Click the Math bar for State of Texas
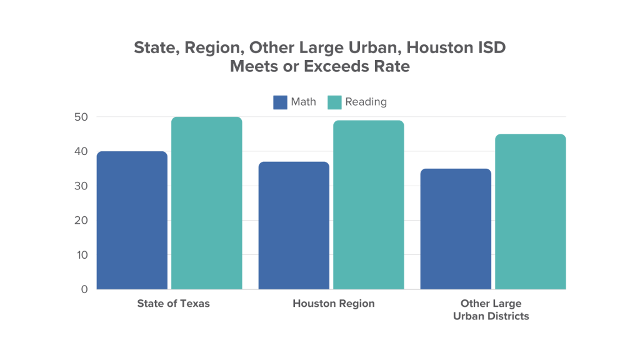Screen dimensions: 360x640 coord(132,220)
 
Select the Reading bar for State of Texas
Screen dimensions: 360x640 coord(206,203)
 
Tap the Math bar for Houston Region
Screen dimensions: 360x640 coord(294,225)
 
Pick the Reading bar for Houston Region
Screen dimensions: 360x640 coord(368,205)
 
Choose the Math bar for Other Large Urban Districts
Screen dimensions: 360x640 coord(456,229)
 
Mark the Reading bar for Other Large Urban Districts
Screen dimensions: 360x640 coord(530,212)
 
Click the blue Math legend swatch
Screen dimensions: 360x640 coord(280,102)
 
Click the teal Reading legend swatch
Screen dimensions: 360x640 coord(334,102)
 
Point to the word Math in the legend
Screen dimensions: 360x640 coord(304,102)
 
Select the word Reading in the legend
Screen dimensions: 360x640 coord(366,102)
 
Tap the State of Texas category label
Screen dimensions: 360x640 coord(173,304)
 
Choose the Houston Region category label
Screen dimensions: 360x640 coord(334,304)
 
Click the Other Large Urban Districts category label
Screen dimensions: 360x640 coord(494,310)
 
